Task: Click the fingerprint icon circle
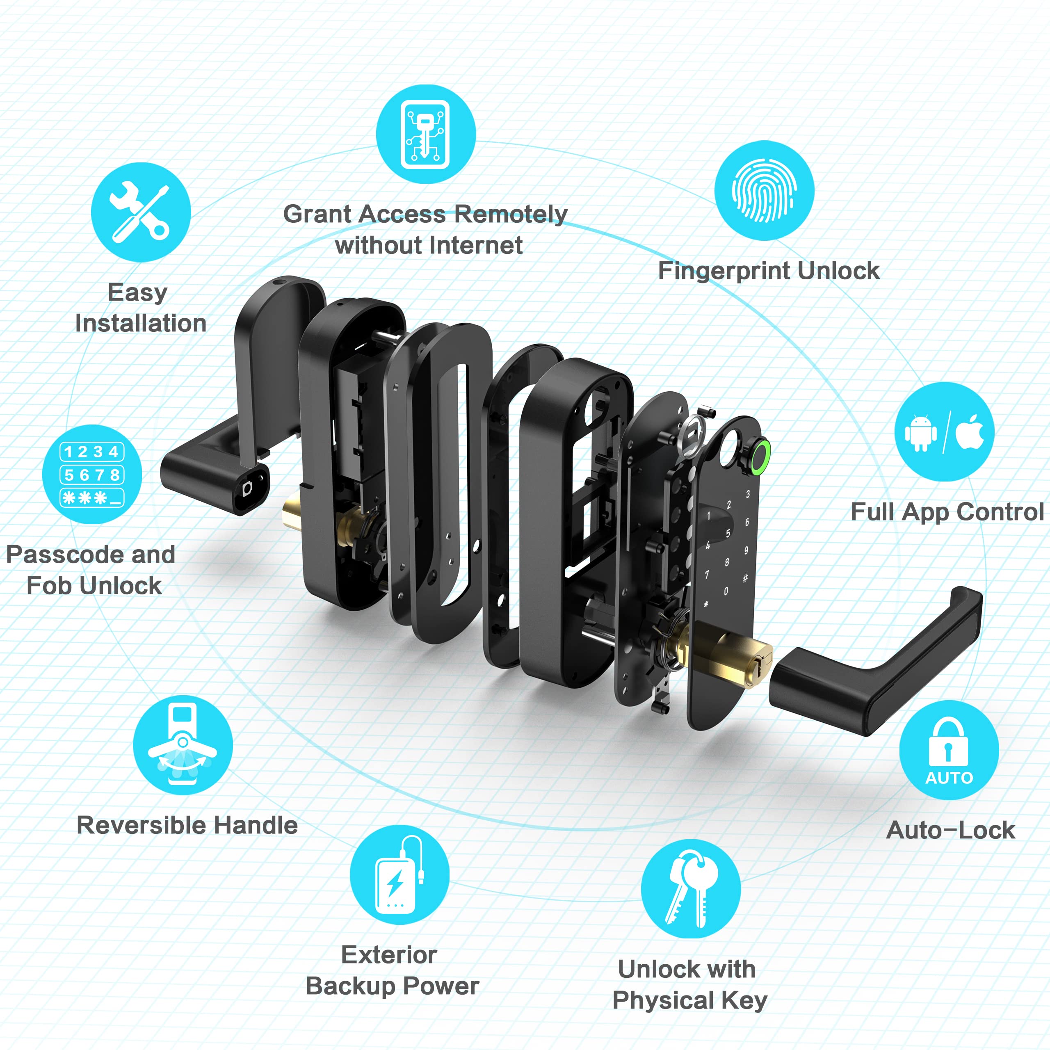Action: [x=764, y=190]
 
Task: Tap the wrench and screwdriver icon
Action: [x=141, y=212]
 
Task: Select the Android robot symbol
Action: [x=920, y=433]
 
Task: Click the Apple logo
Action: [x=970, y=432]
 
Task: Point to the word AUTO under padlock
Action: [x=949, y=778]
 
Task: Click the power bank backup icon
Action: [x=399, y=874]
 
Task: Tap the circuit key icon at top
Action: [x=426, y=134]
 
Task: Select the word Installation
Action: [x=141, y=323]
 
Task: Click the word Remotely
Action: [x=511, y=214]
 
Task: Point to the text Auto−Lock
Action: [x=950, y=830]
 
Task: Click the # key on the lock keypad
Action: [x=745, y=578]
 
